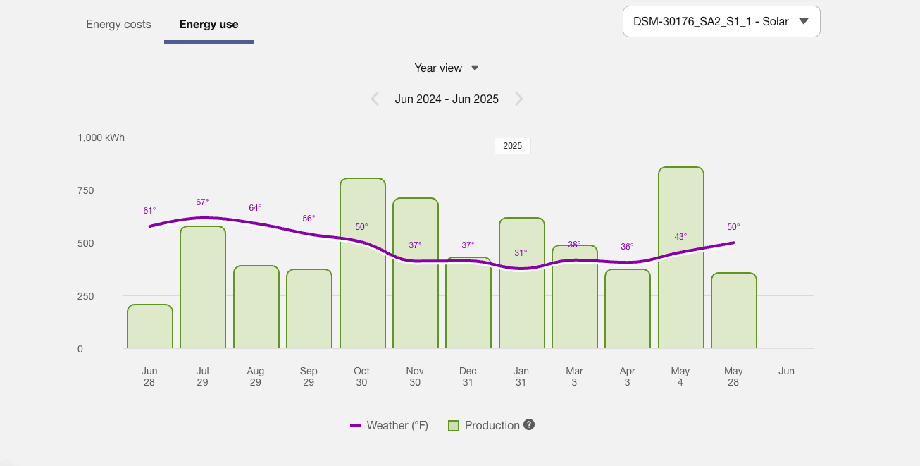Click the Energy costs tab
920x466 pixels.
[x=118, y=25]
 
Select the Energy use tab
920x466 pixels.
[x=209, y=25]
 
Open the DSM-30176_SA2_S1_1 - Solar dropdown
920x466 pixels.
[x=721, y=21]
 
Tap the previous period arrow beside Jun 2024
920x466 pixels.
[x=375, y=99]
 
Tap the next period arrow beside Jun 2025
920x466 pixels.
[x=519, y=99]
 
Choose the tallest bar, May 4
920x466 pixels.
[x=680, y=282]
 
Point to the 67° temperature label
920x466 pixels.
[x=203, y=202]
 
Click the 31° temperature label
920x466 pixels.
[x=521, y=252]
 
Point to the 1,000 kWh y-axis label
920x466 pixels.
[x=101, y=137]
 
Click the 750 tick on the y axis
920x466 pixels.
[x=86, y=190]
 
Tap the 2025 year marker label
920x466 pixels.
[x=513, y=146]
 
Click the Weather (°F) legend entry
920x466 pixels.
[x=390, y=426]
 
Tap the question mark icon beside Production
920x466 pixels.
[x=529, y=425]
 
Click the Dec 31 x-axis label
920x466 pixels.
[x=468, y=376]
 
